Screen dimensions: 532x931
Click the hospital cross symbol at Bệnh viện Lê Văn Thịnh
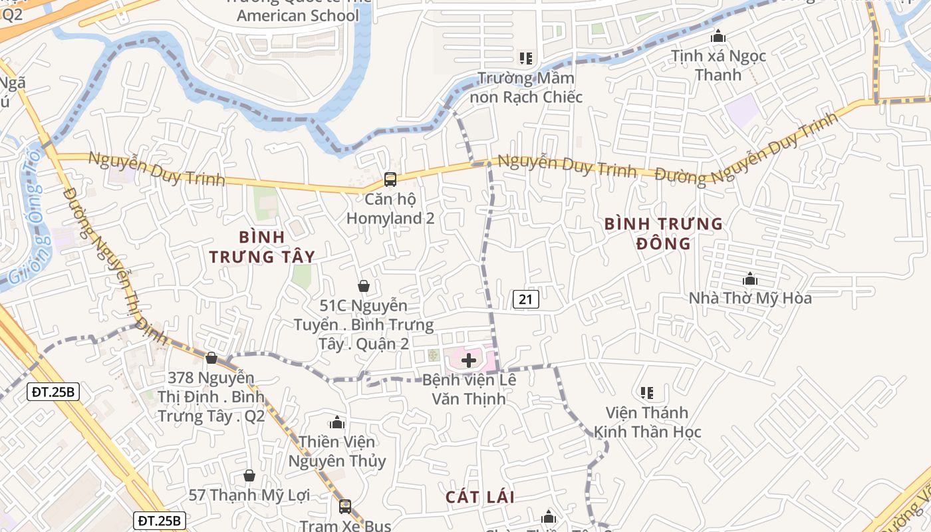tap(469, 361)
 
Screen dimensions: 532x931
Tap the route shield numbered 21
tap(525, 300)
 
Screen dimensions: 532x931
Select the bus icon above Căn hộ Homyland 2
tap(390, 180)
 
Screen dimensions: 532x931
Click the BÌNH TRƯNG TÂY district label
tap(262, 247)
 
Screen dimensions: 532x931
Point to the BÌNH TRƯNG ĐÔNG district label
tap(664, 233)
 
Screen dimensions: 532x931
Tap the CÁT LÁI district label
tap(480, 497)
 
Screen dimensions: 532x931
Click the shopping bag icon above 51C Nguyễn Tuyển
tap(364, 287)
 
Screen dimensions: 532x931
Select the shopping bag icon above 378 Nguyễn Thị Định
tap(211, 358)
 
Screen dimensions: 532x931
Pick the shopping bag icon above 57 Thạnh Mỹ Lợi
tap(249, 475)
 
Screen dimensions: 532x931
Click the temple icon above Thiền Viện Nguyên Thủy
tap(337, 422)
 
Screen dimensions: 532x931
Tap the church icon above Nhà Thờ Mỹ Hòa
tap(750, 279)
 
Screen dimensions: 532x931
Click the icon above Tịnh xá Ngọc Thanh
tap(718, 36)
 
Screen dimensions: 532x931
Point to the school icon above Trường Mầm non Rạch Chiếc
tap(526, 59)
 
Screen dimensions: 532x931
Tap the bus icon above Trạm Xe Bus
tap(344, 506)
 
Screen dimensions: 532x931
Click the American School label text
tap(298, 15)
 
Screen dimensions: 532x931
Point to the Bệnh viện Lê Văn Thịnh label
tap(469, 390)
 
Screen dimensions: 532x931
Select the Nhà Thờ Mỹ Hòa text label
tap(750, 298)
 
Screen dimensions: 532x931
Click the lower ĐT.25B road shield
tap(160, 521)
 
